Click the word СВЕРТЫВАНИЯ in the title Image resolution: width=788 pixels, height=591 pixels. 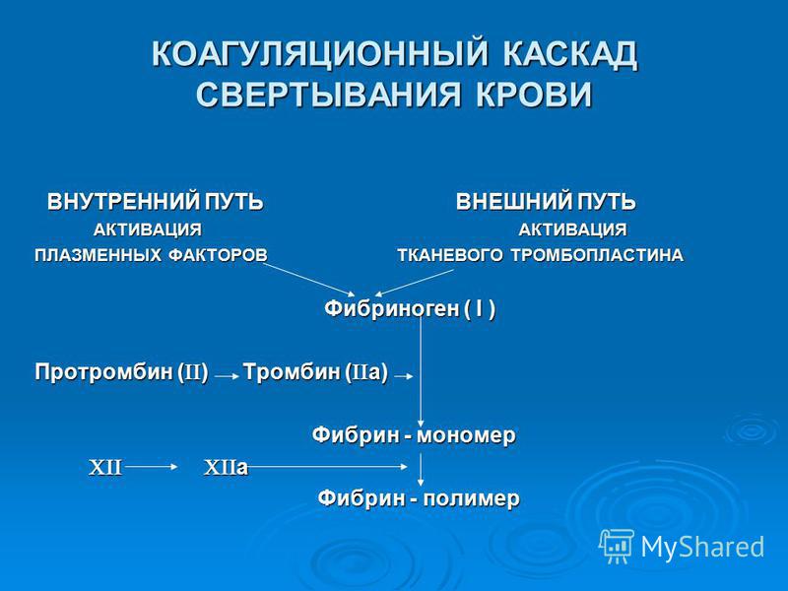pyautogui.click(x=328, y=94)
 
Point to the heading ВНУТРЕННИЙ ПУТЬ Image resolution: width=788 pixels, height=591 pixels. pyautogui.click(x=155, y=202)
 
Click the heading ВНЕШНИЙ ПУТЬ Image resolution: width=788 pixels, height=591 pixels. pyautogui.click(x=546, y=202)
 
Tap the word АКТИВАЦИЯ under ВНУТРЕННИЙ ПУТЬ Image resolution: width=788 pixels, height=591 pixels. pyautogui.click(x=147, y=230)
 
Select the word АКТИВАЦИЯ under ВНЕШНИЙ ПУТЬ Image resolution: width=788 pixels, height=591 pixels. pyautogui.click(x=572, y=230)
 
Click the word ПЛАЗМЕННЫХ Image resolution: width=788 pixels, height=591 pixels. pyautogui.click(x=98, y=255)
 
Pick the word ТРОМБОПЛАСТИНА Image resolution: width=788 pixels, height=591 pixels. pyautogui.click(x=597, y=255)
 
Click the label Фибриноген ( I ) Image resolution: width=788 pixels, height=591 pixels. pyautogui.click(x=410, y=308)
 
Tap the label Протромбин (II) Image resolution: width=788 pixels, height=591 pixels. pyautogui.click(x=121, y=372)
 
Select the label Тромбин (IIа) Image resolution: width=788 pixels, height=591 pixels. pyautogui.click(x=315, y=372)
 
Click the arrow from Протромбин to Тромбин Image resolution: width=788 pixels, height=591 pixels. pyautogui.click(x=228, y=376)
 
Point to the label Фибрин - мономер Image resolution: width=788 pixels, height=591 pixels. pyautogui.click(x=414, y=434)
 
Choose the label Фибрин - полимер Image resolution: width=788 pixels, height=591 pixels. pyautogui.click(x=419, y=498)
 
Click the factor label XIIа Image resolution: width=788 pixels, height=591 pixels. pyautogui.click(x=226, y=468)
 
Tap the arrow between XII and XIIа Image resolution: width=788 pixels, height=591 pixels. pyautogui.click(x=152, y=467)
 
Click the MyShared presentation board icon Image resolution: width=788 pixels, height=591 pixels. pyautogui.click(x=616, y=546)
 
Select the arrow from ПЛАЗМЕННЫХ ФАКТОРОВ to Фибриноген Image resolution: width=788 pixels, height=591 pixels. pyautogui.click(x=308, y=279)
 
